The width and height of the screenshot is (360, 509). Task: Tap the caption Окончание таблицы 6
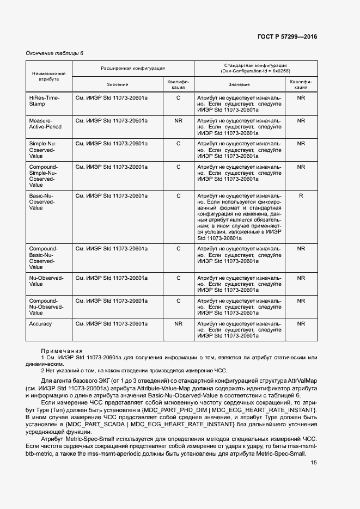pos(54,53)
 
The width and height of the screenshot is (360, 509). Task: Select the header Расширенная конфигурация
pos(133,68)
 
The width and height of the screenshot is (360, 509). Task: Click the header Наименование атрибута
pos(49,76)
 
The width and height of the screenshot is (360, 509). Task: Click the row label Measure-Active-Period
pos(45,124)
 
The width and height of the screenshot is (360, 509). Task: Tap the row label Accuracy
pos(40,324)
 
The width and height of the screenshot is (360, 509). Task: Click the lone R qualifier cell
pos(301,195)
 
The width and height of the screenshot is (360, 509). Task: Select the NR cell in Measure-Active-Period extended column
pos(178,120)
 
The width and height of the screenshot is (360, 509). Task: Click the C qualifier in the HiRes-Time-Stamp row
pos(178,97)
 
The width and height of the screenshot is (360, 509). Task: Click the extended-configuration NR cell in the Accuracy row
pos(178,324)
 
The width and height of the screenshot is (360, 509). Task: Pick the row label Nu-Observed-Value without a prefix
pos(46,281)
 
